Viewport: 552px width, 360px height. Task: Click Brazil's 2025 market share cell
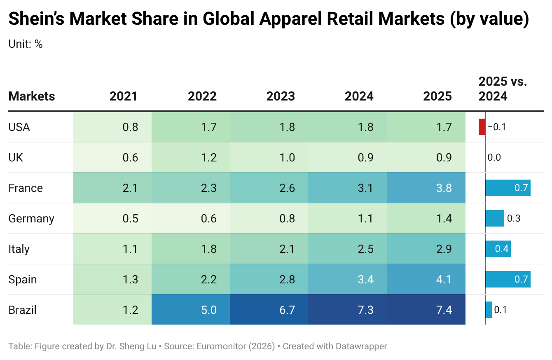(x=426, y=310)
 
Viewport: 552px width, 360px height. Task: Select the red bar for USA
(x=482, y=127)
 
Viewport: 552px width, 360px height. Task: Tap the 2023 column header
(x=281, y=96)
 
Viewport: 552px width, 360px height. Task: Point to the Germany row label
(x=31, y=218)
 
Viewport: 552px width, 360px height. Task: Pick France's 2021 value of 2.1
(x=112, y=188)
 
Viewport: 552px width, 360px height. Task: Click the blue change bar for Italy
(x=498, y=249)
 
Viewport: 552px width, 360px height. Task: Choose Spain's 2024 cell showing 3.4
(x=348, y=279)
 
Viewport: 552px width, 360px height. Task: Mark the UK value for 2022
(x=191, y=157)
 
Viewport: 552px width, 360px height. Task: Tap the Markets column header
(x=32, y=96)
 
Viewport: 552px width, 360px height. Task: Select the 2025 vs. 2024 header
(x=503, y=89)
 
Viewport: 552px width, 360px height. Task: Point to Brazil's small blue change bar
(x=489, y=310)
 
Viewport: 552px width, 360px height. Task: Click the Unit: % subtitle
(x=26, y=44)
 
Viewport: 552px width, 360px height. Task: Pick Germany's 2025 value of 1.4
(x=426, y=218)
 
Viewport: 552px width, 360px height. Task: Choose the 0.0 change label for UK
(x=494, y=157)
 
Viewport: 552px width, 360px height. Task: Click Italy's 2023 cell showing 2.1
(x=269, y=249)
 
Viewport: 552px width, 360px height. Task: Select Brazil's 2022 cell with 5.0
(x=191, y=310)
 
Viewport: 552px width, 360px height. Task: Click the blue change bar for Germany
(x=495, y=218)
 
